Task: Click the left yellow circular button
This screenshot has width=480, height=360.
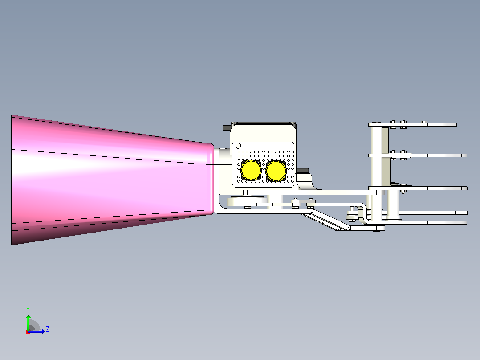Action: tap(251, 171)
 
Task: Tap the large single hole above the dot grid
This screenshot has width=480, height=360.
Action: tap(238, 146)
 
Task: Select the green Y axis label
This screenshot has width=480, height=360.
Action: tap(28, 310)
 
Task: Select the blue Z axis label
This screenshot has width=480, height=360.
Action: tap(48, 329)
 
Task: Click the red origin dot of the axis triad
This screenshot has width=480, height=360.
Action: tap(28, 332)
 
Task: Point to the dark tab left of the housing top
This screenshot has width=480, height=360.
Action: tap(227, 127)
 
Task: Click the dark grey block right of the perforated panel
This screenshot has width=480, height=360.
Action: tap(302, 170)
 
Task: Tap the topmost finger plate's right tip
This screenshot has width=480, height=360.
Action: tap(456, 124)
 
